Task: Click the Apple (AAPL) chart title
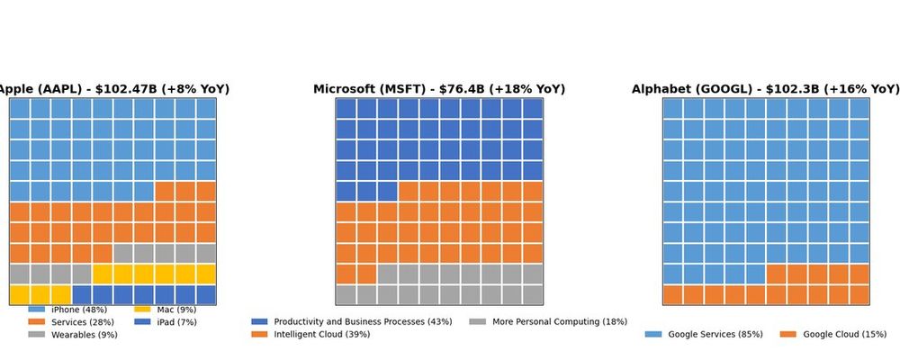pyautogui.click(x=113, y=89)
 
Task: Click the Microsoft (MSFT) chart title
pyautogui.click(x=439, y=89)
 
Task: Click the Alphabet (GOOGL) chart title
pyautogui.click(x=765, y=89)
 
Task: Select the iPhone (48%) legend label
pyautogui.click(x=79, y=310)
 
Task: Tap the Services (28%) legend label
pyautogui.click(x=84, y=322)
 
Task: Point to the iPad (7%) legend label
pyautogui.click(x=176, y=322)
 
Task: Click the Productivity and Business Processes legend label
pyautogui.click(x=363, y=322)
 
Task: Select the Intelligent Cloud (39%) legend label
pyautogui.click(x=321, y=335)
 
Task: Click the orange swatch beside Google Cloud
pyautogui.click(x=787, y=335)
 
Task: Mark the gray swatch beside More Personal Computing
pyautogui.click(x=477, y=322)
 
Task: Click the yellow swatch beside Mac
pyautogui.click(x=142, y=310)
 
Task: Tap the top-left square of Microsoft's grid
pyautogui.click(x=346, y=108)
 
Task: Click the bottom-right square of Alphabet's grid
pyautogui.click(x=859, y=295)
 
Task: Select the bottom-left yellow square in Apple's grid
pyautogui.click(x=20, y=295)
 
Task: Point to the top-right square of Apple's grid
pyautogui.click(x=206, y=108)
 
